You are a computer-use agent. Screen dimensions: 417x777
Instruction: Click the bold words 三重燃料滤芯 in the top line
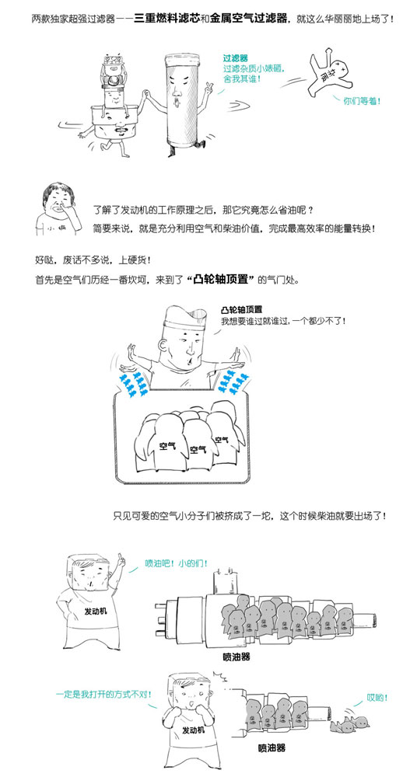coord(167,20)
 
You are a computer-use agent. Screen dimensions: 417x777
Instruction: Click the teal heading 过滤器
coord(235,58)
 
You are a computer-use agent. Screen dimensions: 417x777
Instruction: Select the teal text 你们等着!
coord(362,101)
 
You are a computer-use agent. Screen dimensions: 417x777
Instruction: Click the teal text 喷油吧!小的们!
coord(177,563)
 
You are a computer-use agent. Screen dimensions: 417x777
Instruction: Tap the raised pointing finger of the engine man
coord(120,558)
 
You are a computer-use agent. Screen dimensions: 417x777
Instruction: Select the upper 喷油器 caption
coord(236,657)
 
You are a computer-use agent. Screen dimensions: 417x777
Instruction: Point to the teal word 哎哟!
coord(377,698)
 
